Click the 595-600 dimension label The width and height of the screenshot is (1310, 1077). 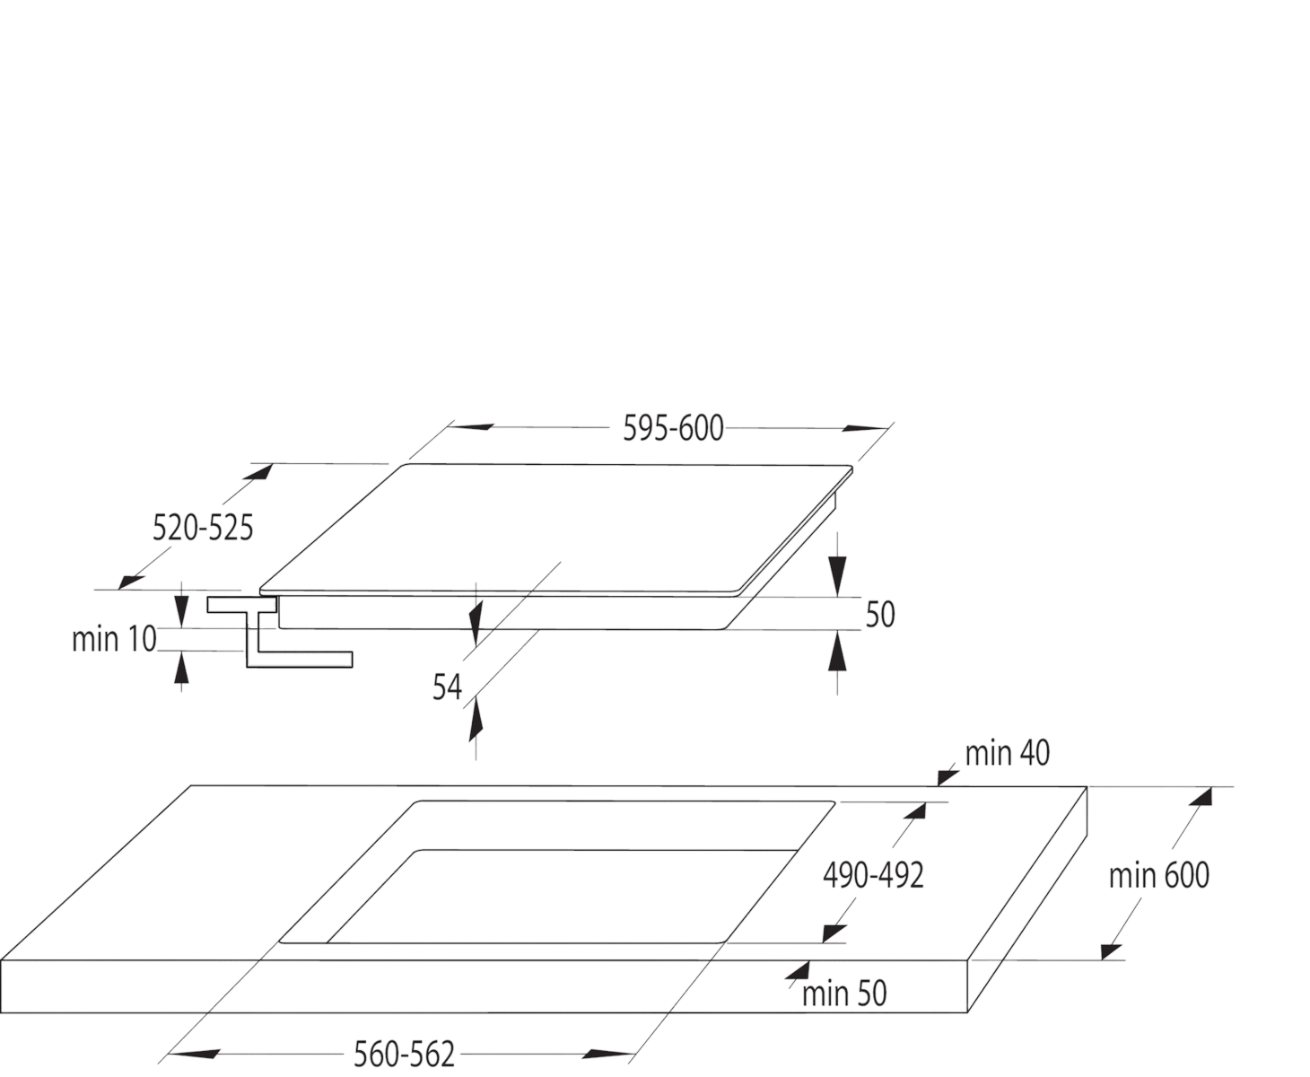click(x=673, y=429)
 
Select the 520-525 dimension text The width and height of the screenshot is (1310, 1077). click(x=203, y=529)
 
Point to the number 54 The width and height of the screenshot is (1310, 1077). click(x=447, y=687)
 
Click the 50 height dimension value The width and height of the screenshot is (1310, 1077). click(x=880, y=615)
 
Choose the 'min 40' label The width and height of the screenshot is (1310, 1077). click(x=1007, y=753)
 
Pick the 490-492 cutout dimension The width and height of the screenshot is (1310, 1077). click(x=873, y=875)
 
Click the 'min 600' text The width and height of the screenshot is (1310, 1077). click(x=1159, y=875)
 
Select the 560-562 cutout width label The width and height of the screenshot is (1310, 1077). click(x=405, y=1054)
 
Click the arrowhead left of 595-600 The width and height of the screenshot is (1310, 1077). click(x=471, y=427)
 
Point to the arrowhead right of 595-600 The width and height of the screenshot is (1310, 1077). click(x=865, y=428)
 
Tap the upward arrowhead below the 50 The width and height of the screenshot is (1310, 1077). click(x=837, y=651)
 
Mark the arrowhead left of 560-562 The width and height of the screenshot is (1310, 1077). click(x=194, y=1054)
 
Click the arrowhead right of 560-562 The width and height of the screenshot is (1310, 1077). click(x=607, y=1054)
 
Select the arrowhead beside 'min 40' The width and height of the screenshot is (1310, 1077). click(x=948, y=778)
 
